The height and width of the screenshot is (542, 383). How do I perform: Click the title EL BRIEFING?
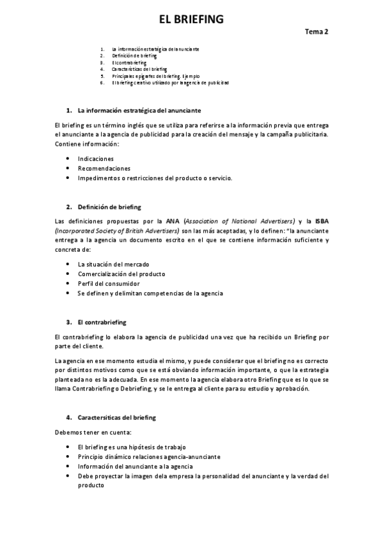pyautogui.click(x=191, y=20)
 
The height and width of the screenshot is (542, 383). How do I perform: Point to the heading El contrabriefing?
pyautogui.click(x=102, y=321)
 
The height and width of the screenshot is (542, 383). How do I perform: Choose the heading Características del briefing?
pyautogui.click(x=116, y=417)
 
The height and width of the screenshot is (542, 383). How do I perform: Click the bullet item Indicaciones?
pyautogui.click(x=96, y=158)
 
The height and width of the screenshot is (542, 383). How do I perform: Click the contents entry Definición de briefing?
pyautogui.click(x=134, y=56)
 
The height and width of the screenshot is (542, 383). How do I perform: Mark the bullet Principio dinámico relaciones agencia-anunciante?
pyautogui.click(x=150, y=456)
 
